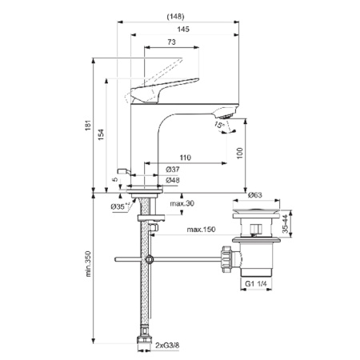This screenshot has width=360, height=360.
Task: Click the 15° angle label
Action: (218, 125)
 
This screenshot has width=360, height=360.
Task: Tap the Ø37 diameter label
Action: (171, 170)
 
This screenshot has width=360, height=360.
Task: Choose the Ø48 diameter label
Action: (171, 181)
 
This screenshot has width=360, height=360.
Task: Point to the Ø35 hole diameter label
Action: (121, 207)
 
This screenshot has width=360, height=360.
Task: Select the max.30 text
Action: (182, 204)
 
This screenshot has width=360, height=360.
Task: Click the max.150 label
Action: (201, 230)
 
